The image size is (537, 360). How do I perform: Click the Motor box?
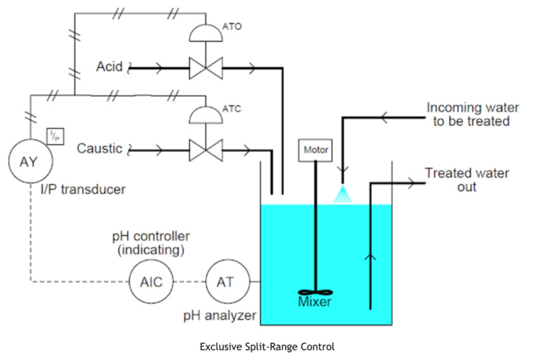click(x=315, y=150)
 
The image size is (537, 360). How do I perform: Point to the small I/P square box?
click(x=55, y=136)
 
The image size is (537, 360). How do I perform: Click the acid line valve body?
click(x=206, y=69)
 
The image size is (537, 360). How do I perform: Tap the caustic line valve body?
click(x=206, y=150)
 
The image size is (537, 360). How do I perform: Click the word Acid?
click(x=109, y=68)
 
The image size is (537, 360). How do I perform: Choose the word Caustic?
click(x=99, y=149)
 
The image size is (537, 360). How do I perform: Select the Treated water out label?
click(x=466, y=180)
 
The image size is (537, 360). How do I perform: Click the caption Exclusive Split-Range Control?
click(x=267, y=347)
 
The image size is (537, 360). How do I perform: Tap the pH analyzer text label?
click(x=219, y=316)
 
